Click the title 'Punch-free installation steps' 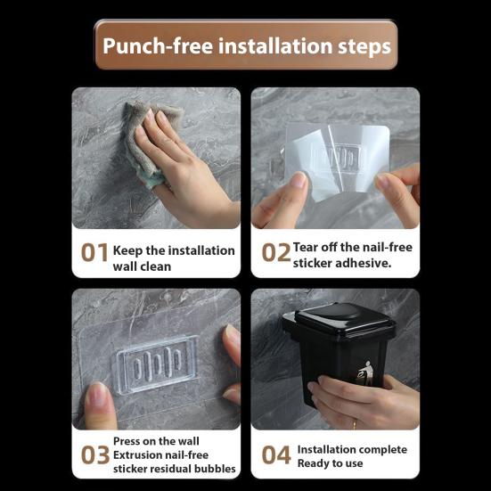[246, 45]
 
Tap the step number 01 [94, 253]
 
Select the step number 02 [276, 253]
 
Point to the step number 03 [94, 455]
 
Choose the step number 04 [276, 455]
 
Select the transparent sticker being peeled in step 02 [339, 156]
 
